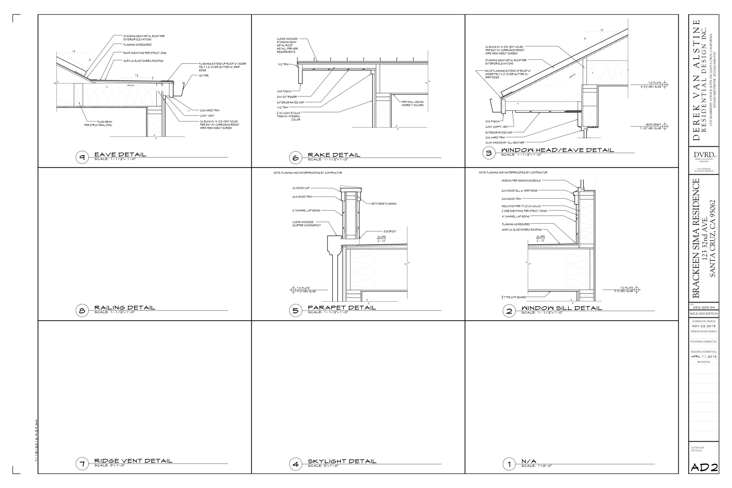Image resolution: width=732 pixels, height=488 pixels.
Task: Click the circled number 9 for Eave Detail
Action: pos(82,157)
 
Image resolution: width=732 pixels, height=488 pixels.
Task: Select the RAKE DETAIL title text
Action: pos(334,155)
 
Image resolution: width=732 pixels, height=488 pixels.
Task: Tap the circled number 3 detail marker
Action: pos(489,153)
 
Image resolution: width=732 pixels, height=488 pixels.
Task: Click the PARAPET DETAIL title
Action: pos(342,307)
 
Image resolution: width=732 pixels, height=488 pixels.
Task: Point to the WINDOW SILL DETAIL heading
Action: pos(562,308)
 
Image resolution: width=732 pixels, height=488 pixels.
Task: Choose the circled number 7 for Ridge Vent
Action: pos(82,464)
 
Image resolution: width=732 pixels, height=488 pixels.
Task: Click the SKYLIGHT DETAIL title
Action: pos(342,461)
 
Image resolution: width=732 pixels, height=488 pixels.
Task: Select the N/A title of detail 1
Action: pos(529,461)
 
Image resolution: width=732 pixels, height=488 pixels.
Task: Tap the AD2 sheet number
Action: pos(704,468)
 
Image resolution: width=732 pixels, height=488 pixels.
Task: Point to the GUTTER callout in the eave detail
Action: pos(203,76)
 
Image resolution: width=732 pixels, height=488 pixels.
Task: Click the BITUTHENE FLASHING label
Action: pos(384,204)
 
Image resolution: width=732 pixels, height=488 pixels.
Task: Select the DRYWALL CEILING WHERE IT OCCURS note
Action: pos(412,103)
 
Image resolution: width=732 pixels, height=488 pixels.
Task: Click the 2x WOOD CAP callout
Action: pos(301,188)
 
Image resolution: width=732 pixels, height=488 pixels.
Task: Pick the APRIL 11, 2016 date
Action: pos(704,357)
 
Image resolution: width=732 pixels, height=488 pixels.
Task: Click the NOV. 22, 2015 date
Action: pos(704,326)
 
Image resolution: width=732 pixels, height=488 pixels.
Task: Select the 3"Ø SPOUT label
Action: pos(389,231)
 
